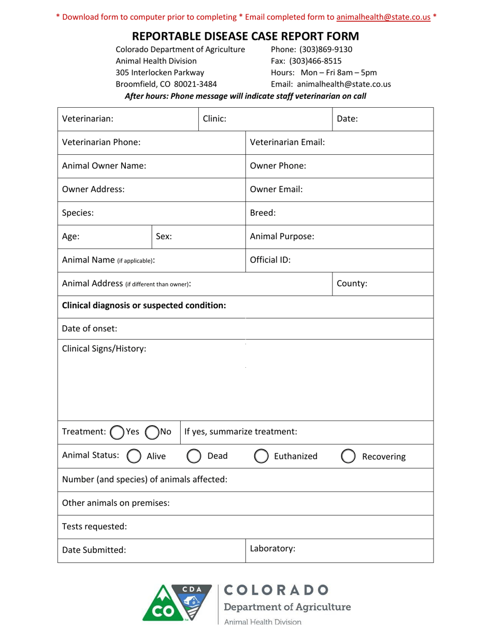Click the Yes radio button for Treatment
pyautogui.click(x=118, y=432)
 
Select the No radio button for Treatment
pyautogui.click(x=152, y=432)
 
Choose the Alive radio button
pyautogui.click(x=134, y=456)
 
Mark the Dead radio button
pyautogui.click(x=194, y=456)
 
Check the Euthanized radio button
pyautogui.click(x=262, y=456)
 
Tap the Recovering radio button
pyautogui.click(x=349, y=456)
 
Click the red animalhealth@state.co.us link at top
pyautogui.click(x=383, y=17)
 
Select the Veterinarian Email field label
pyautogui.click(x=287, y=142)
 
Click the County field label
pyautogui.click(x=352, y=284)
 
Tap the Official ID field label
pyautogui.click(x=270, y=260)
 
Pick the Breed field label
pyautogui.click(x=263, y=213)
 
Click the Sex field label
pyautogui.click(x=164, y=237)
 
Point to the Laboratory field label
pyautogui.click(x=272, y=549)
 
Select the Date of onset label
pyautogui.click(x=90, y=329)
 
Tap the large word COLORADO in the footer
pyautogui.click(x=277, y=590)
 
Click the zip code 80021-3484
pyautogui.click(x=195, y=84)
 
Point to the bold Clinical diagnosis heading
pyautogui.click(x=144, y=306)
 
